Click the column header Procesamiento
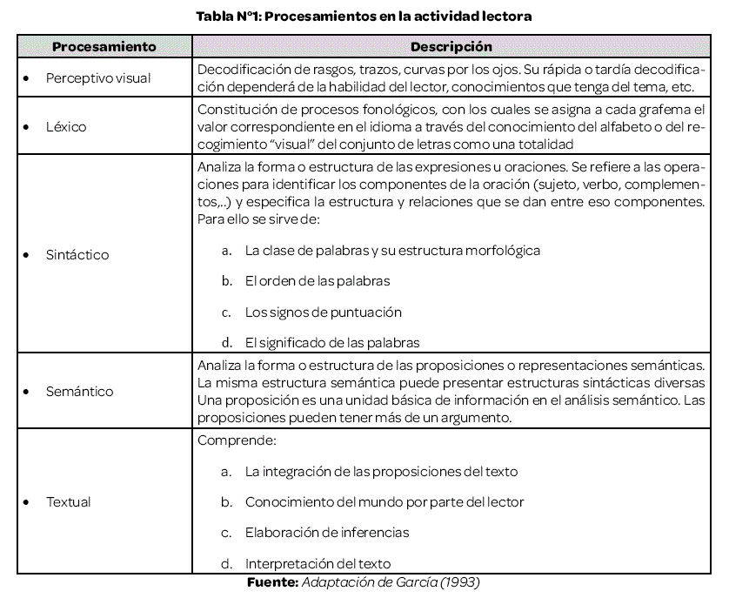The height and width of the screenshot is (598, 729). tap(104, 46)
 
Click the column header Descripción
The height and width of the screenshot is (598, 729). tap(451, 46)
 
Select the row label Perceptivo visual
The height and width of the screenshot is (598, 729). tap(98, 78)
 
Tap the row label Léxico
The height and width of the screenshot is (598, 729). tap(66, 127)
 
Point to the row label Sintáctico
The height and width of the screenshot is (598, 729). tap(77, 255)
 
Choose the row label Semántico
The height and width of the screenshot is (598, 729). tap(79, 392)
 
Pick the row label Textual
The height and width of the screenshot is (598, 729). tap(68, 502)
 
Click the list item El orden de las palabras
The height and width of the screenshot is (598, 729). tap(318, 281)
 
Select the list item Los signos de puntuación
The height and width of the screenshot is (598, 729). tap(324, 312)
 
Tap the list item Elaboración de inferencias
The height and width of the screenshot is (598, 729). tap(327, 532)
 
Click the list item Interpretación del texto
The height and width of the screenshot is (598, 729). tap(318, 563)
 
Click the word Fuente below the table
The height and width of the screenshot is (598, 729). tap(273, 581)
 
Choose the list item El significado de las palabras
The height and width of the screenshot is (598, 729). tap(332, 342)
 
